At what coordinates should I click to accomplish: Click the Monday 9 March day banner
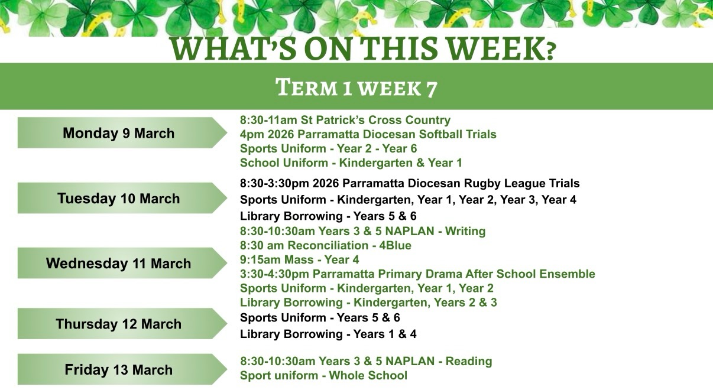coord(122,132)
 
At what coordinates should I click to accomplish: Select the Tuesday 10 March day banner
coord(122,198)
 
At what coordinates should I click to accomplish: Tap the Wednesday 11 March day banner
coord(122,263)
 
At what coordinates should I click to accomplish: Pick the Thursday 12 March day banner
coord(122,323)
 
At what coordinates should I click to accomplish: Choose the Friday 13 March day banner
coord(122,369)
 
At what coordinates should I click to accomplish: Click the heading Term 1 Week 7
coord(356,87)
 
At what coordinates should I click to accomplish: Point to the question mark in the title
coord(550,52)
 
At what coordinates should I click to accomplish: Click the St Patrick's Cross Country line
coord(345,120)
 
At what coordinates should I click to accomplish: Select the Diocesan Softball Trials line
coord(368,135)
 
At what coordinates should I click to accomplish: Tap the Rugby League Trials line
coord(410,183)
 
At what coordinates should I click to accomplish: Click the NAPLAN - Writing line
coord(362,231)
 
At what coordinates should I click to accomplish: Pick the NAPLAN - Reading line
coord(366,362)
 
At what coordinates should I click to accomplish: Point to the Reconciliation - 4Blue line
coord(326,246)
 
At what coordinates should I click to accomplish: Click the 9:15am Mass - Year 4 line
coord(300,260)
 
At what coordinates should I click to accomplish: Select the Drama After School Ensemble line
coord(417,274)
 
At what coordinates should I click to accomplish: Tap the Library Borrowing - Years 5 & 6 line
coord(328,216)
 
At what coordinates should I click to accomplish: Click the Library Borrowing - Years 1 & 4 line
coord(328,334)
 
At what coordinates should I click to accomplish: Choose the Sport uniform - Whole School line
coord(323,376)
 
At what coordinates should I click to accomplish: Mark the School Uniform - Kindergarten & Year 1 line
coord(351,163)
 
